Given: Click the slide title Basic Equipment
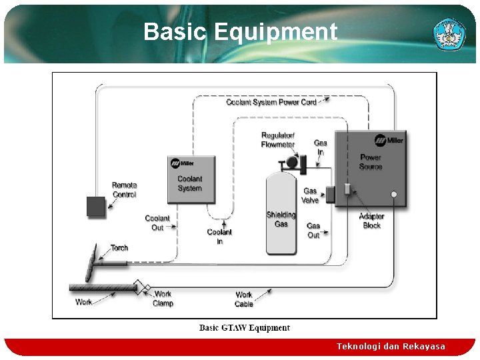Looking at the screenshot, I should [x=240, y=31].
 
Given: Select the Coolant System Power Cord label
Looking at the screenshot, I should [x=271, y=102].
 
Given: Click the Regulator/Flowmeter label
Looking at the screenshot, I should [x=278, y=140].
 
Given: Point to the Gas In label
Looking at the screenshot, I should [x=321, y=147].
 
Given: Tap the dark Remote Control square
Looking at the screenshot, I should [x=96, y=207].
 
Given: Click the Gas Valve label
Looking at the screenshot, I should [x=310, y=195].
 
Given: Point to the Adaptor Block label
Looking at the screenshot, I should [x=372, y=221].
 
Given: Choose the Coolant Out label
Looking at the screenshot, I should [x=157, y=223].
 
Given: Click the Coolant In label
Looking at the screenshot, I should [x=219, y=237].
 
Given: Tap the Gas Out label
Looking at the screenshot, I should [x=313, y=230].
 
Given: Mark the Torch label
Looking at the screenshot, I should [x=119, y=248].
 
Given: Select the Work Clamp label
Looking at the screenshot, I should [x=163, y=299].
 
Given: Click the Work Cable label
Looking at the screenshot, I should [x=244, y=299].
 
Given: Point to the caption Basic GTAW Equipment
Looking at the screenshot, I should [x=245, y=328].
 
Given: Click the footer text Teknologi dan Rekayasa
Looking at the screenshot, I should [x=391, y=347].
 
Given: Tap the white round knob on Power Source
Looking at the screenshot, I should [x=394, y=195].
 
